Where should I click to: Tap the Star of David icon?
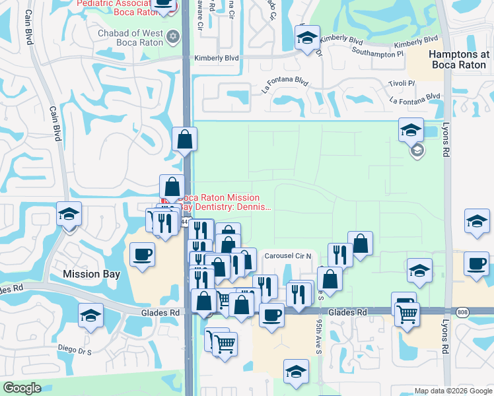pyautogui.click(x=172, y=36)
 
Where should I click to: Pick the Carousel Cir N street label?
pyautogui.click(x=291, y=256)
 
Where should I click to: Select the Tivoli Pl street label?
pyautogui.click(x=402, y=83)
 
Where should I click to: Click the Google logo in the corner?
pyautogui.click(x=22, y=388)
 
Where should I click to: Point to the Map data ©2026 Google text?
pyautogui.click(x=452, y=391)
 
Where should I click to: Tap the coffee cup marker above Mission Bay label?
pyautogui.click(x=142, y=255)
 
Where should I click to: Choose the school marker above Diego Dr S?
pyautogui.click(x=91, y=315)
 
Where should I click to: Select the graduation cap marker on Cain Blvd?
pyautogui.click(x=69, y=214)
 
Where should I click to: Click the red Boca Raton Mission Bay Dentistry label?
pyautogui.click(x=225, y=202)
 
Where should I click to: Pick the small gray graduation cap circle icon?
pyautogui.click(x=417, y=151)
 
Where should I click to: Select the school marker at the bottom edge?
pyautogui.click(x=296, y=372)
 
